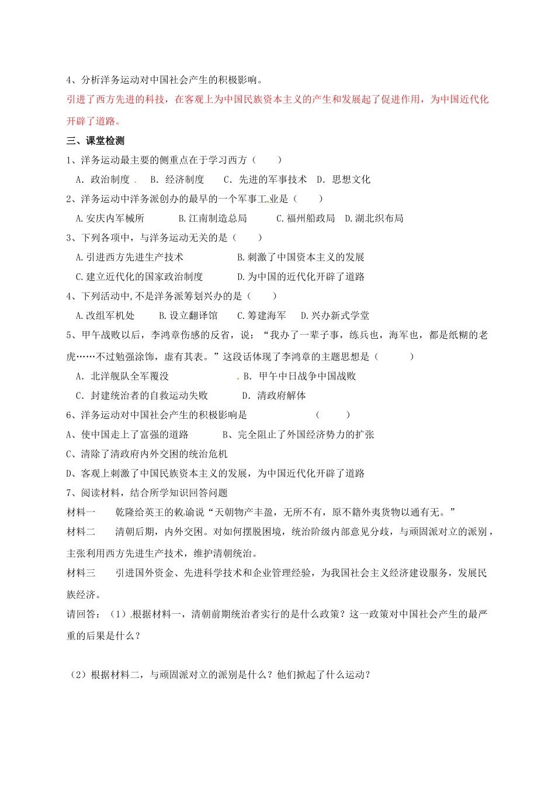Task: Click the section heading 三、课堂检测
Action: pos(95,141)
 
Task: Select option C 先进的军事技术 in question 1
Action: pos(265,179)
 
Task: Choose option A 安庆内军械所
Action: pos(110,218)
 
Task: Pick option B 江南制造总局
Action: pos(213,218)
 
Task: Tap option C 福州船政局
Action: pos(306,218)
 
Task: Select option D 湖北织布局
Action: pos(374,218)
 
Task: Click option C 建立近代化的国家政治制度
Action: pos(139,277)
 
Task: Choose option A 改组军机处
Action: pos(105,315)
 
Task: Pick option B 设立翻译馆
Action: pos(188,315)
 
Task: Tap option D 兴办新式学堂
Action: pos(335,315)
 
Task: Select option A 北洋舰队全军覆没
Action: pos(122,376)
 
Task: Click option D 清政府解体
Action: pos(274,395)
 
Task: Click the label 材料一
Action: pos(81,512)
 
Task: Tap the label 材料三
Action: pos(81,573)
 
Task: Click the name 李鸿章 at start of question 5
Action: pos(166,335)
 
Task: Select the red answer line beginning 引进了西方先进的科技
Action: pos(277,99)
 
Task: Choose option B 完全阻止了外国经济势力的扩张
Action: pos(298,435)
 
